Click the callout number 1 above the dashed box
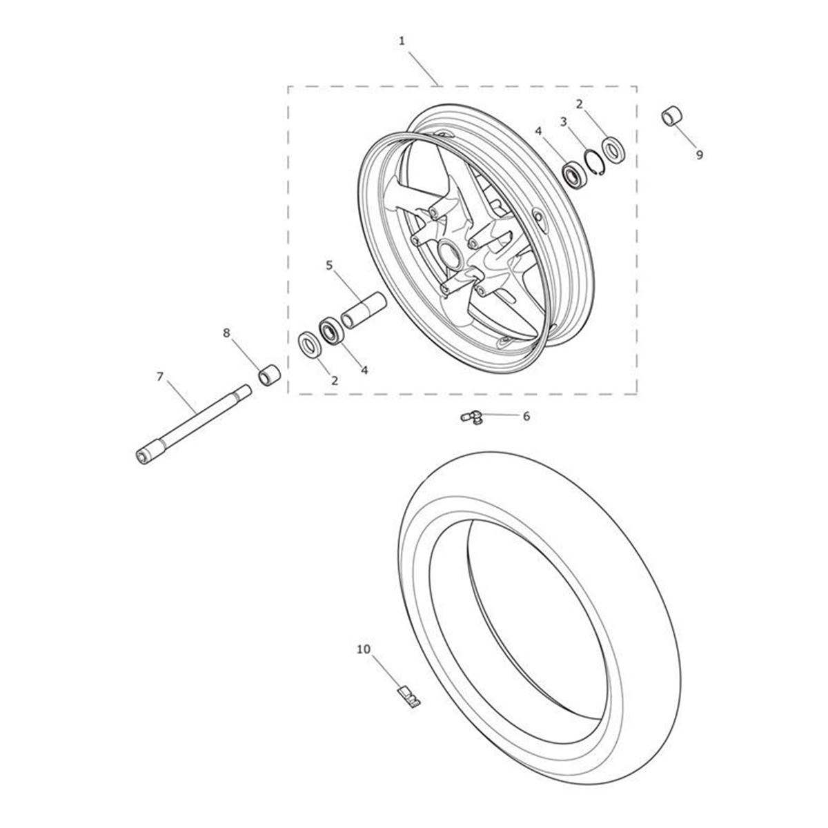[402, 41]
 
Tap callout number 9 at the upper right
[700, 155]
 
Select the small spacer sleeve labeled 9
[672, 116]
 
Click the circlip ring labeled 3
[595, 161]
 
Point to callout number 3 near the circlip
[564, 122]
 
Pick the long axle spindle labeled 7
[193, 424]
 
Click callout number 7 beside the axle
[160, 377]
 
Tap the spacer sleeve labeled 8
[268, 375]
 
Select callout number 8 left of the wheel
[226, 333]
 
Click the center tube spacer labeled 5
[364, 311]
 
